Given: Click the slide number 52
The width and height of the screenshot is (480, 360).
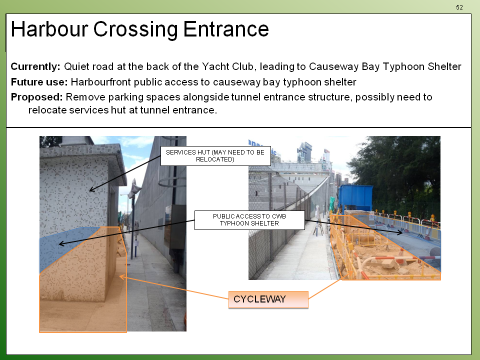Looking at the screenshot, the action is (459, 7).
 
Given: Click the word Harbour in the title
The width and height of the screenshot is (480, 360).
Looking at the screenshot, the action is (49, 29).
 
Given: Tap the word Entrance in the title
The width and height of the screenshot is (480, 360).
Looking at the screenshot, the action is (226, 29).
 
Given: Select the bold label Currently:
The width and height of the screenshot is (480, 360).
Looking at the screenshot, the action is (35, 66).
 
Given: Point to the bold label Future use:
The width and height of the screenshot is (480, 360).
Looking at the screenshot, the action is (39, 82).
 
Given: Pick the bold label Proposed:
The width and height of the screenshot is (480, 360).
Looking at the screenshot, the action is (36, 97).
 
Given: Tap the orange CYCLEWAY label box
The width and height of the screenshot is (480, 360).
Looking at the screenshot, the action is (268, 299).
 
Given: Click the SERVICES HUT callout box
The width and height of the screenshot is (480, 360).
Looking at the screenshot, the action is (215, 156).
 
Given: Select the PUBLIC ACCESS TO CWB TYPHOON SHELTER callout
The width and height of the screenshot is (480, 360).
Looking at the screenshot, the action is (249, 220).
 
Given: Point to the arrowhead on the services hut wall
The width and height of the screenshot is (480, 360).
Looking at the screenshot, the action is (91, 190).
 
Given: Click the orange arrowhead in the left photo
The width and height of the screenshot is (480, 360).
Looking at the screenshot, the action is (122, 276).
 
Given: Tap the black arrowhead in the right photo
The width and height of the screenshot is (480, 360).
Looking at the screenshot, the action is (399, 232).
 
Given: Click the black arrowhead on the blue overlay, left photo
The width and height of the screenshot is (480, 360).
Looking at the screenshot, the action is (61, 243).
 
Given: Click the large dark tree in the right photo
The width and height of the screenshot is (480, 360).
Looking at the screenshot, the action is (398, 171).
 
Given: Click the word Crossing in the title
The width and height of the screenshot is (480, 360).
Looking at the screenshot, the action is (135, 29).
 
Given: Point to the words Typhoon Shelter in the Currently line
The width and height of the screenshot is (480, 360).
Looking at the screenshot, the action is (422, 66).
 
